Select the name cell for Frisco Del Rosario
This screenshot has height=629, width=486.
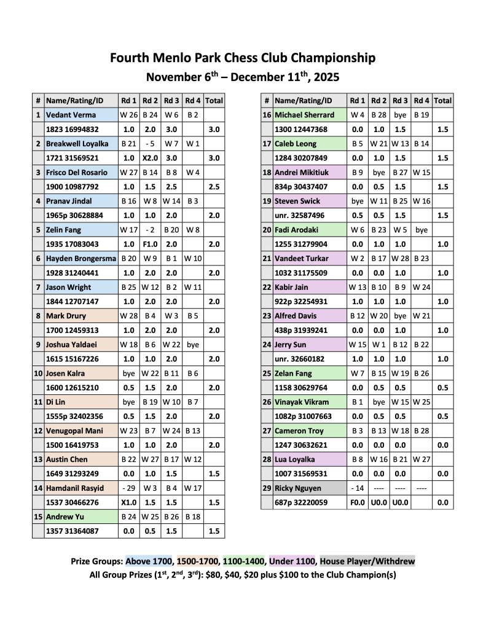[x=77, y=173]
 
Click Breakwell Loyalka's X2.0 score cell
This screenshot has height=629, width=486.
[x=151, y=158]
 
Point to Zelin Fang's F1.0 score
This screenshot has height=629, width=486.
[x=151, y=244]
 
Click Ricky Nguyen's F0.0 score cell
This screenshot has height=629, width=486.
[x=357, y=502]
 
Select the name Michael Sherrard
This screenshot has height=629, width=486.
[x=305, y=115]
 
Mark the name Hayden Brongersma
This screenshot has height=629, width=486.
[x=80, y=259]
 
